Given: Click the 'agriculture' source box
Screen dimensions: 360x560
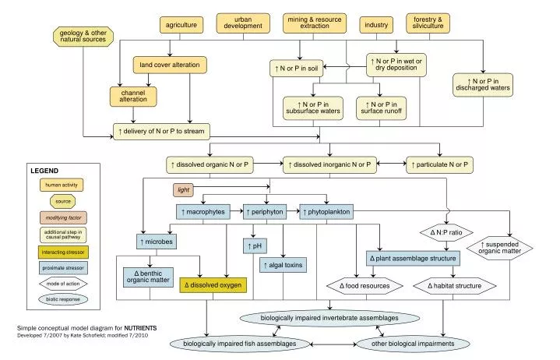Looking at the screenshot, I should coord(180,25).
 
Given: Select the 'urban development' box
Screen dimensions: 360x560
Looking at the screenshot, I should coord(242,23).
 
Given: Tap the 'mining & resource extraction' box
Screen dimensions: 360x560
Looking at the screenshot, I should coord(315,23).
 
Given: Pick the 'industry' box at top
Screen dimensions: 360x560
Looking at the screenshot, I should coord(377,25).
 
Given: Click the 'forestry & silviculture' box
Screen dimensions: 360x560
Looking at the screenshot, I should coord(428,23).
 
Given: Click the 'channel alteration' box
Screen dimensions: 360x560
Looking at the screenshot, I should coord(132,97).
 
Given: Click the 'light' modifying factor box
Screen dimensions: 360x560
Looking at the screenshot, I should coord(184,189).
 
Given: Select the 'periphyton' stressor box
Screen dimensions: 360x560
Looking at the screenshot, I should coord(265,211).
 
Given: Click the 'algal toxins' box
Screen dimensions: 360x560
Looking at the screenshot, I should coord(283,265).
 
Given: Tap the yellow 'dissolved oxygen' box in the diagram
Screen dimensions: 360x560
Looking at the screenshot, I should coord(213,285).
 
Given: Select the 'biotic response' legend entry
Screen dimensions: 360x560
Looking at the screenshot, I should coord(62,299).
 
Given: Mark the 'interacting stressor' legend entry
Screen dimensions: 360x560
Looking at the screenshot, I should coord(62,252).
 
